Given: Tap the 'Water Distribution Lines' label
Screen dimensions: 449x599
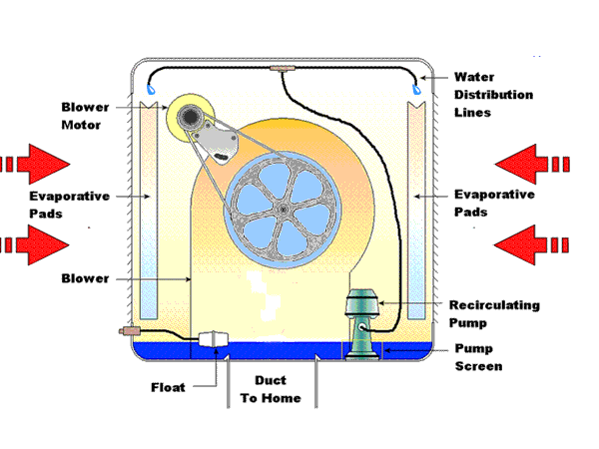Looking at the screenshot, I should pyautogui.click(x=492, y=95).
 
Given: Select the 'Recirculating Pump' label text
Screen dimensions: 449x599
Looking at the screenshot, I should pyautogui.click(x=495, y=312).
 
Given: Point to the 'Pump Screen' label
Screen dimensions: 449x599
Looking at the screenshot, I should pyautogui.click(x=478, y=357).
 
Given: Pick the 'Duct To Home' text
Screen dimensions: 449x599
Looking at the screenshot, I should pyautogui.click(x=270, y=390).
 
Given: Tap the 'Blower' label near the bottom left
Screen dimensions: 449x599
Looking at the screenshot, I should pyautogui.click(x=85, y=278).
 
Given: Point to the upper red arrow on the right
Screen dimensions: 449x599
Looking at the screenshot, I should pyautogui.click(x=533, y=162).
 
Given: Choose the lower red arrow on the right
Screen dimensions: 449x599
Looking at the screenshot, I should pyautogui.click(x=533, y=243).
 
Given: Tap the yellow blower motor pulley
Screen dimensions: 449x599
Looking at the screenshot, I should pyautogui.click(x=188, y=118).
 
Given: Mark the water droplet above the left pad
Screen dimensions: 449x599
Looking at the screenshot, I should pyautogui.click(x=151, y=90).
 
